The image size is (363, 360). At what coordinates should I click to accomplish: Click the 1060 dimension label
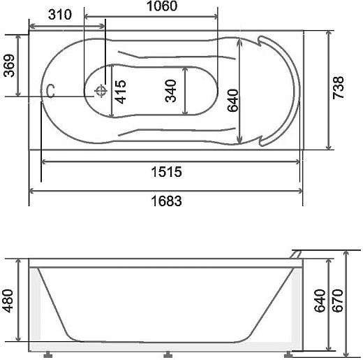(162, 6)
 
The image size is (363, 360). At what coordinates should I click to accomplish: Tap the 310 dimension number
(60, 15)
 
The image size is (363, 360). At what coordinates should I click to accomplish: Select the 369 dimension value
(9, 66)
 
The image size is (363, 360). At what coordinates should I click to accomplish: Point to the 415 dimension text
(121, 92)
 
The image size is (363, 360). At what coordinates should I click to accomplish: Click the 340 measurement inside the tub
(170, 91)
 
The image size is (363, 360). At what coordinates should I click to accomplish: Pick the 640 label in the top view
(233, 101)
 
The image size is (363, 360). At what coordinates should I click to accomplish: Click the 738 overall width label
(338, 87)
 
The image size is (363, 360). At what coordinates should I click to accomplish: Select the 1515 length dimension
(166, 172)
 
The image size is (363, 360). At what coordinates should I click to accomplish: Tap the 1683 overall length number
(166, 201)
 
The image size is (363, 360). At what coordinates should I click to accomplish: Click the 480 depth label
(8, 301)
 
